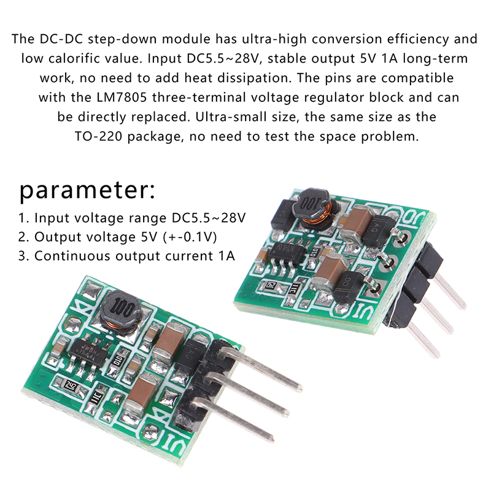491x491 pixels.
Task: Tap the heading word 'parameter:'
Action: coord(87,191)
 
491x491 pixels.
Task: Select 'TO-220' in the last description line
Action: coord(98,136)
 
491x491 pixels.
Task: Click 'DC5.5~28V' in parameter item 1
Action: coord(209,218)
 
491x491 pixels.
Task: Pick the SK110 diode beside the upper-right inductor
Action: coord(283,214)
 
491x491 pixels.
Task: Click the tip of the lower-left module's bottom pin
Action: coord(272,439)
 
